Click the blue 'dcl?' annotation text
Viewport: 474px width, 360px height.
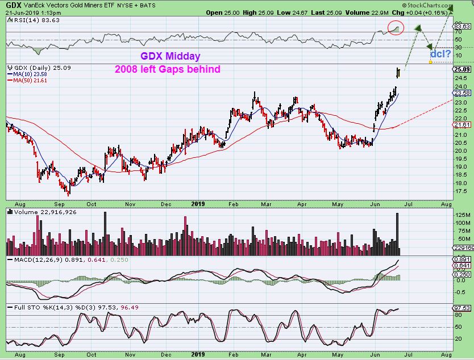point(440,53)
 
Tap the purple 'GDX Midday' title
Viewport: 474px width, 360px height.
point(170,57)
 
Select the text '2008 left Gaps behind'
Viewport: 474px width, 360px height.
point(167,69)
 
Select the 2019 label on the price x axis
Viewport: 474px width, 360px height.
point(198,203)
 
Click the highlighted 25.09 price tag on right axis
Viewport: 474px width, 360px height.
point(461,69)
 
